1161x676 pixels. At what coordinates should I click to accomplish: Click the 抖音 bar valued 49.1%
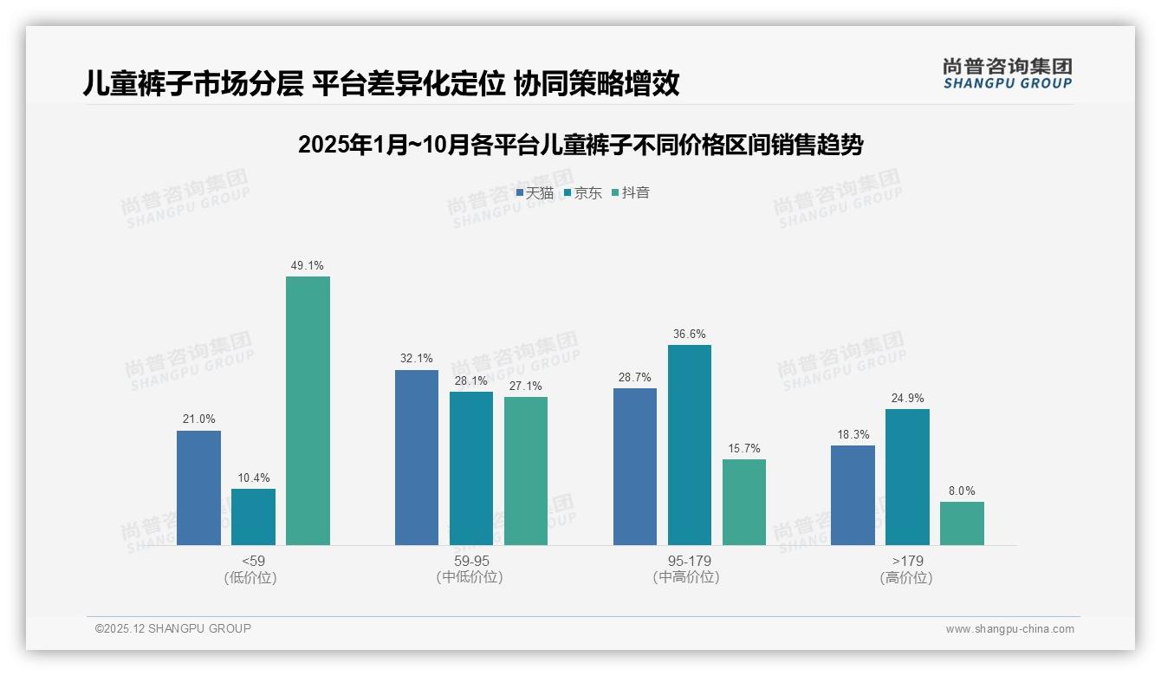pyautogui.click(x=308, y=411)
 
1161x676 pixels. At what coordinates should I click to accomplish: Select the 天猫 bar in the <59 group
pyautogui.click(x=198, y=488)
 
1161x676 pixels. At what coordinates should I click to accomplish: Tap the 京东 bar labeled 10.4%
pyautogui.click(x=253, y=517)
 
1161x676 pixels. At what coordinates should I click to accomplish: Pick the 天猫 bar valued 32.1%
pyautogui.click(x=417, y=458)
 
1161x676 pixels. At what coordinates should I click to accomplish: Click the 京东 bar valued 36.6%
pyautogui.click(x=690, y=445)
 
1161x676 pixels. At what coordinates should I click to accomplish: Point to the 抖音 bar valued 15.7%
pyautogui.click(x=744, y=503)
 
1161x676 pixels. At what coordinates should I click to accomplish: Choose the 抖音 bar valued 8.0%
pyautogui.click(x=962, y=523)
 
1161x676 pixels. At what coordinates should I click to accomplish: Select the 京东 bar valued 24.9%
pyautogui.click(x=907, y=478)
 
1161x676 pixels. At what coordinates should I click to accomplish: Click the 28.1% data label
pyautogui.click(x=470, y=380)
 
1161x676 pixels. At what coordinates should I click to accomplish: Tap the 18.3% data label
pyautogui.click(x=853, y=434)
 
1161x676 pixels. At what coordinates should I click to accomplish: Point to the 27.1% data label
pyautogui.click(x=525, y=386)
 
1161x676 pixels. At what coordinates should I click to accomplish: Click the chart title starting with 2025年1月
pyautogui.click(x=580, y=145)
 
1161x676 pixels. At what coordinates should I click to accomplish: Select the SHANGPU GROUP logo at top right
pyautogui.click(x=1007, y=74)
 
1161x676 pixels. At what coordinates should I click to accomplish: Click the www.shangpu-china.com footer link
pyautogui.click(x=1009, y=629)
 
